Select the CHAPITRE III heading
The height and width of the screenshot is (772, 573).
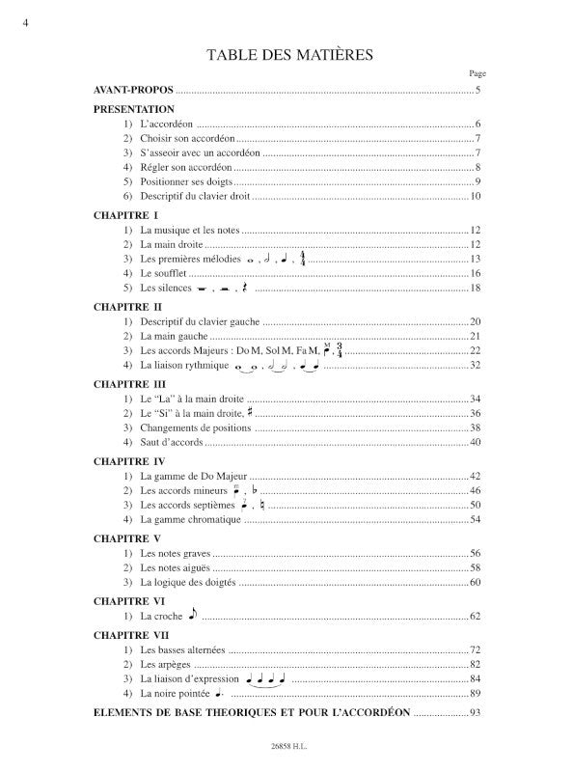[129, 383]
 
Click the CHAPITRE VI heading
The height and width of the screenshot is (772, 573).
[128, 600]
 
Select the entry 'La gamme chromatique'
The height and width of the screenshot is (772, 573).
[190, 520]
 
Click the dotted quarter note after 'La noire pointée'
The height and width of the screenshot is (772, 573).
[219, 693]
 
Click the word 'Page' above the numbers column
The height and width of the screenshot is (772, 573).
[477, 72]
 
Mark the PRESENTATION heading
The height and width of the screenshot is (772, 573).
[134, 110]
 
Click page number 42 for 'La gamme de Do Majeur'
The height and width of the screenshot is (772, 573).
[475, 477]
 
